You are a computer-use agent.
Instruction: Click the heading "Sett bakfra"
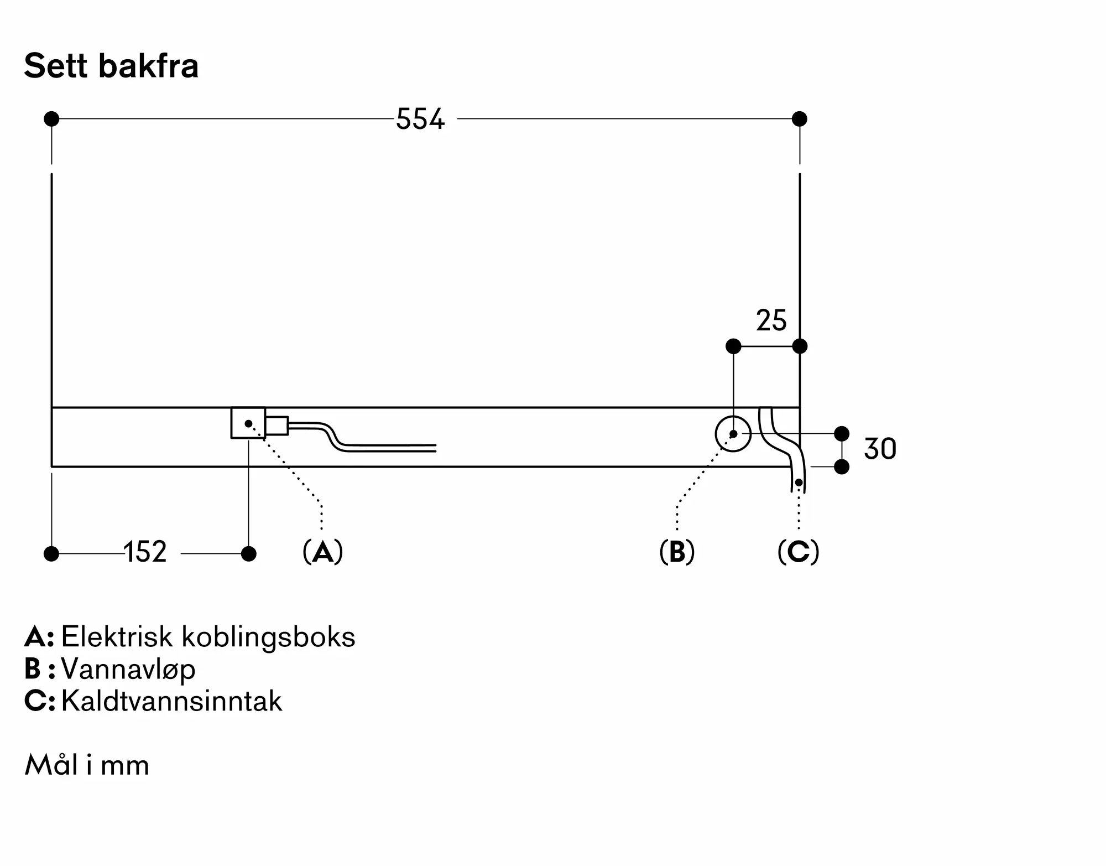point(111,66)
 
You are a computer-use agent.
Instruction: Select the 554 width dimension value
point(420,119)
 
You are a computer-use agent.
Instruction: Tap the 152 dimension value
point(145,552)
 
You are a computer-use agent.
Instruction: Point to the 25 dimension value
point(771,320)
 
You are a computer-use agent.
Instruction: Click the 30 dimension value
point(880,449)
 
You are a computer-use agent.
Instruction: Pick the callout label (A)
point(323,552)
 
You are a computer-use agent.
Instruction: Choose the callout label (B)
point(677,552)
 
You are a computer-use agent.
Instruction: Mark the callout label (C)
point(798,552)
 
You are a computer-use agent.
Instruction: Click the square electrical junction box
point(248,423)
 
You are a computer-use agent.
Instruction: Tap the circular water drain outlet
point(733,434)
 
